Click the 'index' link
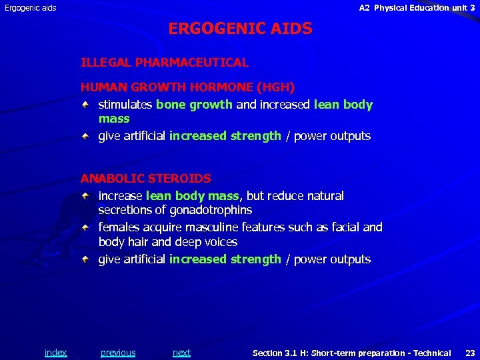(x=55, y=353)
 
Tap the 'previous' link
(x=118, y=353)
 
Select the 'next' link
(x=181, y=353)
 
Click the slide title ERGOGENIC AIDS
(x=240, y=29)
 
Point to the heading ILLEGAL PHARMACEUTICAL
(x=164, y=63)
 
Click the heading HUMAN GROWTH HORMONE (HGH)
(x=187, y=87)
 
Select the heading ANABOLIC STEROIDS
(x=145, y=179)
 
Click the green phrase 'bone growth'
(x=194, y=105)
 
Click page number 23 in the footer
(x=469, y=353)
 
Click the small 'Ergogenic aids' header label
(x=31, y=8)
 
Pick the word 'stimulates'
(x=125, y=105)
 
